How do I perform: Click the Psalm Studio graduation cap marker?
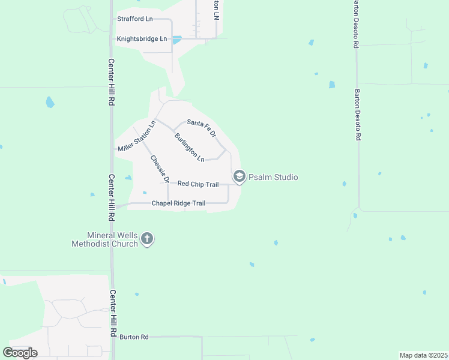pos(239,176)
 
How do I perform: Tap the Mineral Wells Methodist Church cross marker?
pos(148,239)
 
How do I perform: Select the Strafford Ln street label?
pos(134,19)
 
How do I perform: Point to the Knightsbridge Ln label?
pos(142,39)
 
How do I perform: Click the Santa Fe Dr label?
pos(201,128)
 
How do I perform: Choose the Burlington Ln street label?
pos(189,147)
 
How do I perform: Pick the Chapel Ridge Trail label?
pos(178,203)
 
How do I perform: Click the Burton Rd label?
pos(134,337)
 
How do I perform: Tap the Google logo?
pos(20,353)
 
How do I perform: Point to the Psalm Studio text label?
pos(273,177)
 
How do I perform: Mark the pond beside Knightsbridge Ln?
pos(176,40)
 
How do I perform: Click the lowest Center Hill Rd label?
pos(113,313)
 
